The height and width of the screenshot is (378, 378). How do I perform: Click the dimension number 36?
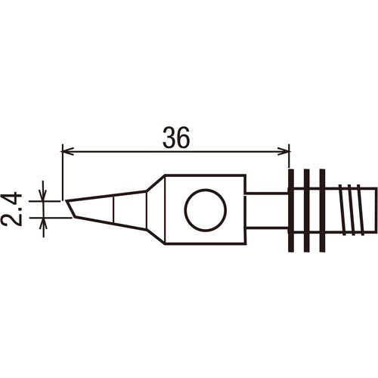tap(176, 138)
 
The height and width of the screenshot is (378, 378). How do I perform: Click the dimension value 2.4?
tap(11, 209)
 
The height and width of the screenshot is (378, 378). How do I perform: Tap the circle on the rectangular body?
tap(206, 210)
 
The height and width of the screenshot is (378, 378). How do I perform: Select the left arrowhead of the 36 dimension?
tap(68, 152)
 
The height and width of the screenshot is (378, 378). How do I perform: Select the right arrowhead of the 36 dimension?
tap(283, 152)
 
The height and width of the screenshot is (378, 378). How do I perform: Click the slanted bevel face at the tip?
tap(70, 209)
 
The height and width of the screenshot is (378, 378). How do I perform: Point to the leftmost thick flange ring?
tap(291, 210)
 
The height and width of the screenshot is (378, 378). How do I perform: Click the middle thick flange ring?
tap(306, 210)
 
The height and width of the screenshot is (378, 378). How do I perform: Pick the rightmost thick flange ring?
tap(322, 210)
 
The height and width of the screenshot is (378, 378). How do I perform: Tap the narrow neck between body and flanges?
tap(267, 210)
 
